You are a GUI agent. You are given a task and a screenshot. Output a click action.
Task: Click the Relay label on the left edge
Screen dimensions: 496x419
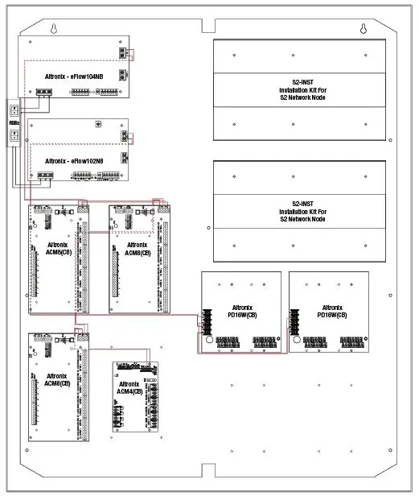tap(14, 124)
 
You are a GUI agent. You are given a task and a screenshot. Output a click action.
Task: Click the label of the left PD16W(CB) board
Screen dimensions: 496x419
tap(242, 311)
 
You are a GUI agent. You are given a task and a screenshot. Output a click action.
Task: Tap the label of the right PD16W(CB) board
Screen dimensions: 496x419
tap(331, 311)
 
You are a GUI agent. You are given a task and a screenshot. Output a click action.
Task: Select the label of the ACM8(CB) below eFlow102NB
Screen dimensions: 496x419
tap(58, 247)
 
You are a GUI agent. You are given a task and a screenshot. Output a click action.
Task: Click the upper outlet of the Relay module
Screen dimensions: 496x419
tap(14, 109)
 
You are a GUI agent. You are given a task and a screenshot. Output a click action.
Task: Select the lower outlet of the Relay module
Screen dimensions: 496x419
tap(14, 138)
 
